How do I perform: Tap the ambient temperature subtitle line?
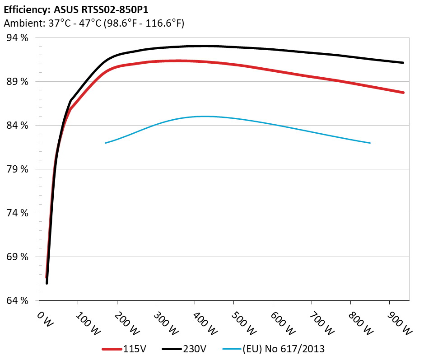tap(93, 23)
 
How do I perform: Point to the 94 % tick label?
tap(18, 38)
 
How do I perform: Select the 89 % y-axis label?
tap(18, 82)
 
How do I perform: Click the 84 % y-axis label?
tap(18, 126)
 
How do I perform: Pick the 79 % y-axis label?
tap(18, 169)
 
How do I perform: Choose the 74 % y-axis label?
tap(18, 213)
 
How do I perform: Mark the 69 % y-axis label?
tap(18, 257)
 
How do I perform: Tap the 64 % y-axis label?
tap(18, 301)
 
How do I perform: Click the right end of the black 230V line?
tap(403, 63)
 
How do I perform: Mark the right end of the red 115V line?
tap(403, 93)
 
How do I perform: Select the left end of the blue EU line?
tap(106, 143)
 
